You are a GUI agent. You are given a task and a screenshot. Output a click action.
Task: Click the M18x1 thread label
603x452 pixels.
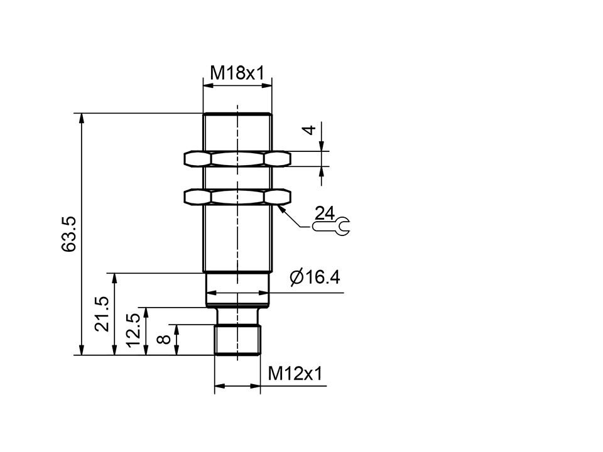tap(237, 73)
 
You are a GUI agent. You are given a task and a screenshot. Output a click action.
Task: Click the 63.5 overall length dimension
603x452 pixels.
tap(69, 234)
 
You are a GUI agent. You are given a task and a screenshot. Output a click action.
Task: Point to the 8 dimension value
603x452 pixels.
tap(163, 340)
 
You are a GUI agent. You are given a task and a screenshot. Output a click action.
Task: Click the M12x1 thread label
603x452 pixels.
tap(295, 374)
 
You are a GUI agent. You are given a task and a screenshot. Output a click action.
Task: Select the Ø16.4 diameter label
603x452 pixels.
tap(315, 277)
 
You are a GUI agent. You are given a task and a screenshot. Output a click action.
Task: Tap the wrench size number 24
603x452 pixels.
tap(325, 213)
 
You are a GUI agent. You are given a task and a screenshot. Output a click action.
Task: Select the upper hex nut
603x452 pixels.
tap(237, 158)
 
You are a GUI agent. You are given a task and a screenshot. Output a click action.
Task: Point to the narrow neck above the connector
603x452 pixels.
tap(237, 315)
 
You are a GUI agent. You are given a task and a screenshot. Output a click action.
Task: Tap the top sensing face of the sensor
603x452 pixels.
tap(237, 114)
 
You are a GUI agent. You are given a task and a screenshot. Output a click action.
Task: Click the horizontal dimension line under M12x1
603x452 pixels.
tap(237, 385)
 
